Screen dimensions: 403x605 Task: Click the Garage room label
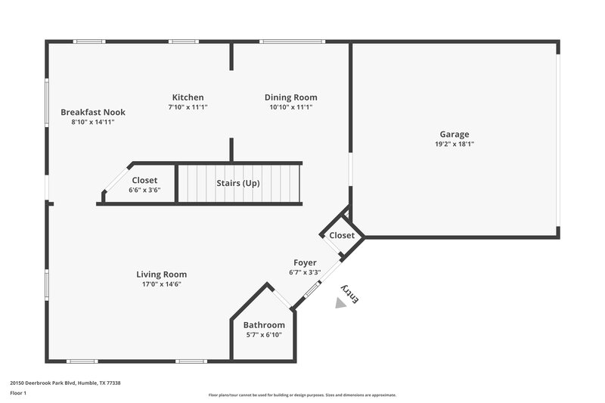click(x=455, y=134)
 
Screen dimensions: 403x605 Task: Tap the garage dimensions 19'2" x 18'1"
click(x=455, y=144)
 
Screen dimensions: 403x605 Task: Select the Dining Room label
click(x=290, y=97)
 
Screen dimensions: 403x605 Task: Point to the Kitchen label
click(x=188, y=97)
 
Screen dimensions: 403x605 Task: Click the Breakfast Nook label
click(x=93, y=112)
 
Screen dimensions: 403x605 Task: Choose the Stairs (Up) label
click(x=238, y=182)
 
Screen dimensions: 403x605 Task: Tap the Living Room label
click(x=161, y=274)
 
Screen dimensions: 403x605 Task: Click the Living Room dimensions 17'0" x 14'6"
click(x=161, y=284)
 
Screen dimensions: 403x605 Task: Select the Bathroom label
click(x=264, y=324)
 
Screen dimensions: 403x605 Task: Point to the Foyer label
click(x=306, y=262)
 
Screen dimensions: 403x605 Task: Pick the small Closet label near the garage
click(x=342, y=235)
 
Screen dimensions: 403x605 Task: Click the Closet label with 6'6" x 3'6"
click(x=144, y=180)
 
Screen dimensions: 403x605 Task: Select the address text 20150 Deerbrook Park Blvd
click(x=65, y=383)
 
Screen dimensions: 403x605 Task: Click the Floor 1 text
click(x=18, y=393)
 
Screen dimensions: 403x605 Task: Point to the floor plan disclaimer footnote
click(x=302, y=395)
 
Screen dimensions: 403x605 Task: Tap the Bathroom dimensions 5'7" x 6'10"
click(x=264, y=334)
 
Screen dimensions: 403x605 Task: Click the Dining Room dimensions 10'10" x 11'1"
click(x=290, y=107)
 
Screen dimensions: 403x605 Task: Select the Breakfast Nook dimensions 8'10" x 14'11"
click(x=93, y=122)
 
